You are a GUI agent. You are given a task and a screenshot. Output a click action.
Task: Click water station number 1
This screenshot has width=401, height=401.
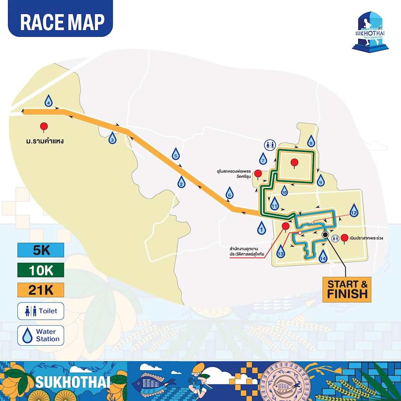point(261,228)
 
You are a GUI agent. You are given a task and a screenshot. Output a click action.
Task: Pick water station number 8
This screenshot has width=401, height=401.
point(311,141)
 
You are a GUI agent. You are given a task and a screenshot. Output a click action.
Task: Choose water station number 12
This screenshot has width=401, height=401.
point(353,211)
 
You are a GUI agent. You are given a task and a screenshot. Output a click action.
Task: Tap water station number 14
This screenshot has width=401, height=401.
point(323,256)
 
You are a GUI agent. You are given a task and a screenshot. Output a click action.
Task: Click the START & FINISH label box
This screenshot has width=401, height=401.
point(347,289)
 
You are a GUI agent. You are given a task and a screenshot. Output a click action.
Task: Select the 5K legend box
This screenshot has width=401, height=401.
point(41,250)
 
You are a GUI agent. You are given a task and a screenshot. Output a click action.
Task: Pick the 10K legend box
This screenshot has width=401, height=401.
point(41,270)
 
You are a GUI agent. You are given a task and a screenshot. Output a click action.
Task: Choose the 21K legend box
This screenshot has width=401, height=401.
point(41,290)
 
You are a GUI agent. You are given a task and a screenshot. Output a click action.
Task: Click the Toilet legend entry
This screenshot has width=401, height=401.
point(41,311)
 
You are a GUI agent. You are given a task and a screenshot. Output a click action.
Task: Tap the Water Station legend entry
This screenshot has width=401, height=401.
point(41,335)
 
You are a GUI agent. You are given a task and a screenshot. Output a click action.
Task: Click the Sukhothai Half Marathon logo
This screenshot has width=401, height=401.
point(370,31)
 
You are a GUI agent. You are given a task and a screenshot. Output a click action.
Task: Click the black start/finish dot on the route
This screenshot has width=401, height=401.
point(325,235)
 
